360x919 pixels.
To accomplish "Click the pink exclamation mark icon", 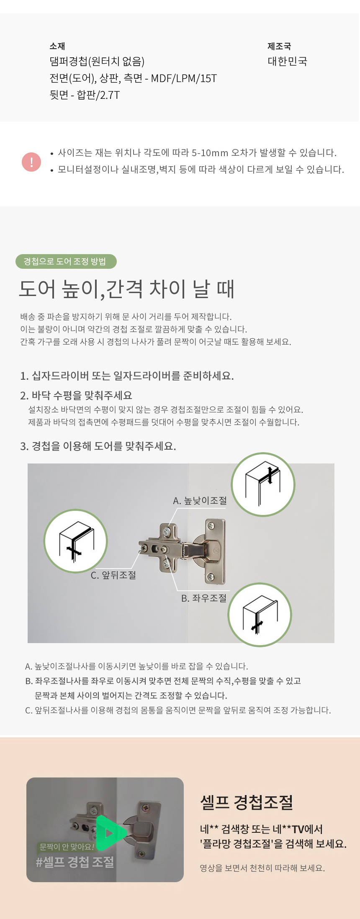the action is click(x=31, y=162).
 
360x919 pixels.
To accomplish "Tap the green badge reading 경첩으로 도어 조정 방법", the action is click(x=66, y=261).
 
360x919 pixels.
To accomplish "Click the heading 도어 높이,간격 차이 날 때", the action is click(x=127, y=289).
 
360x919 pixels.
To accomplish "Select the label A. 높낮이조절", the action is click(x=200, y=500).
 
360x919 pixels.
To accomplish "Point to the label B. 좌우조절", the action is click(x=204, y=598).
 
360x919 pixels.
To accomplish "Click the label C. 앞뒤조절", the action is click(x=113, y=575).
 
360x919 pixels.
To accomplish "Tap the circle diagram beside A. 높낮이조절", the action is click(x=263, y=484).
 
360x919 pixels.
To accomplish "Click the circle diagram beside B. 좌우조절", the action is click(x=260, y=615).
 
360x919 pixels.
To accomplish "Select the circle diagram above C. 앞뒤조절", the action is click(x=76, y=541).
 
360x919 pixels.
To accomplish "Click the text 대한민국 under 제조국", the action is click(x=288, y=62).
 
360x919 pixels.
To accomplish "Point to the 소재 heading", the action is click(x=57, y=46).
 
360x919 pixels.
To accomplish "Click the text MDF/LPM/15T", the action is click(x=184, y=78).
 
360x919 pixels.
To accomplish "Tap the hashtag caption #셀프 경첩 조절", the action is click(x=75, y=862).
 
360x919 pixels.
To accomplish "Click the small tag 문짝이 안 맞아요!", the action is click(x=67, y=847).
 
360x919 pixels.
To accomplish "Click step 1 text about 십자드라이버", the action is click(x=127, y=376).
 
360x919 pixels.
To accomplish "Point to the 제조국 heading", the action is click(x=279, y=46).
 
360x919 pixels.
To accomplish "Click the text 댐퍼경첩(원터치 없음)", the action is click(x=97, y=62).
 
